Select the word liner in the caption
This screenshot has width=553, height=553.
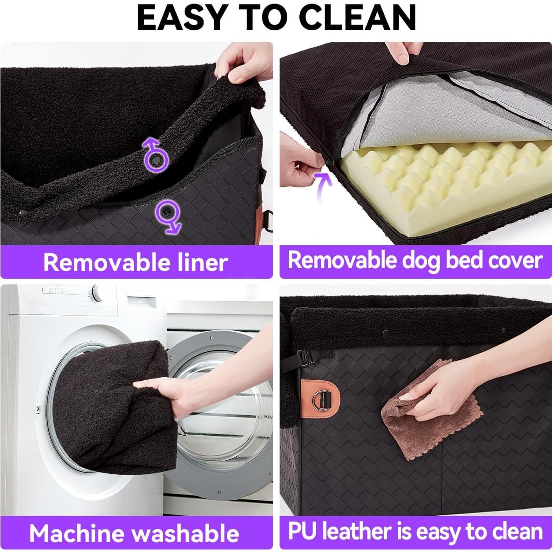(x=203, y=262)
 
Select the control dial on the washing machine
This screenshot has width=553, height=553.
(x=97, y=293)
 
